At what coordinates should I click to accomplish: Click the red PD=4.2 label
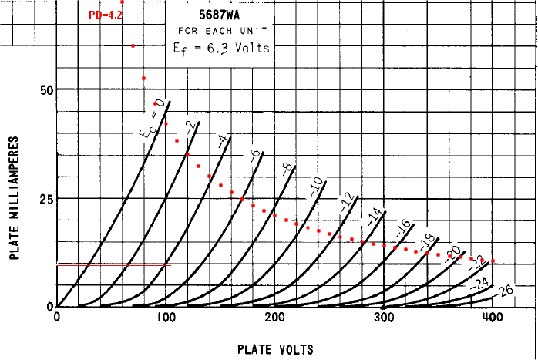pos(106,15)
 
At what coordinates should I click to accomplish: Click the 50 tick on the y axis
pos(45,89)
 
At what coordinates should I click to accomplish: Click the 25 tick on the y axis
pos(45,198)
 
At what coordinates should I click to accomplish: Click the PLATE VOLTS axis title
pos(275,349)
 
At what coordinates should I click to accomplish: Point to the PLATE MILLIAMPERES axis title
pos(15,198)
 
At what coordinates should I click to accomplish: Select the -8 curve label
pos(287,169)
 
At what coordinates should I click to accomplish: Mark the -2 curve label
pos(189,125)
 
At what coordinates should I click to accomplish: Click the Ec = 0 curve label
pos(151,119)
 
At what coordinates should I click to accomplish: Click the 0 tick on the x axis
pos(57,318)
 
